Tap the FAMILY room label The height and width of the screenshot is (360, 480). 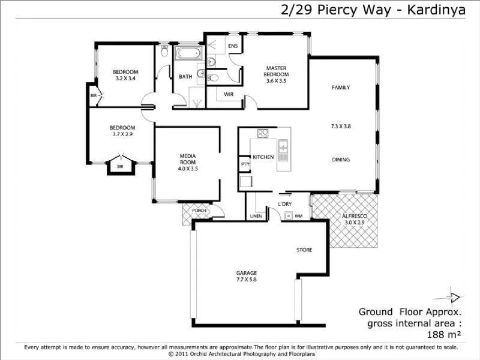click(x=341, y=88)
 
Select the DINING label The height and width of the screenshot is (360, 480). click(x=341, y=160)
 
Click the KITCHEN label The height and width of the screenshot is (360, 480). click(x=263, y=157)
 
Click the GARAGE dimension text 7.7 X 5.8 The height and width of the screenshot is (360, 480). click(x=246, y=280)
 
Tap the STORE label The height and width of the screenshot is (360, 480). click(x=304, y=250)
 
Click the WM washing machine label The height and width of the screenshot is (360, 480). click(x=298, y=215)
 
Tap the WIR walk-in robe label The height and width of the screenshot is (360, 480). click(x=229, y=95)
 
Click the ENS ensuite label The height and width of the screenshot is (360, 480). click(x=233, y=46)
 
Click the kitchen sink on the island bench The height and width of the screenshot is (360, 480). click(x=283, y=145)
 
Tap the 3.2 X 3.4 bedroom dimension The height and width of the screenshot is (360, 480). click(x=125, y=79)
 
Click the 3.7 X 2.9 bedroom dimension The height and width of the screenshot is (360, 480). click(x=122, y=134)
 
